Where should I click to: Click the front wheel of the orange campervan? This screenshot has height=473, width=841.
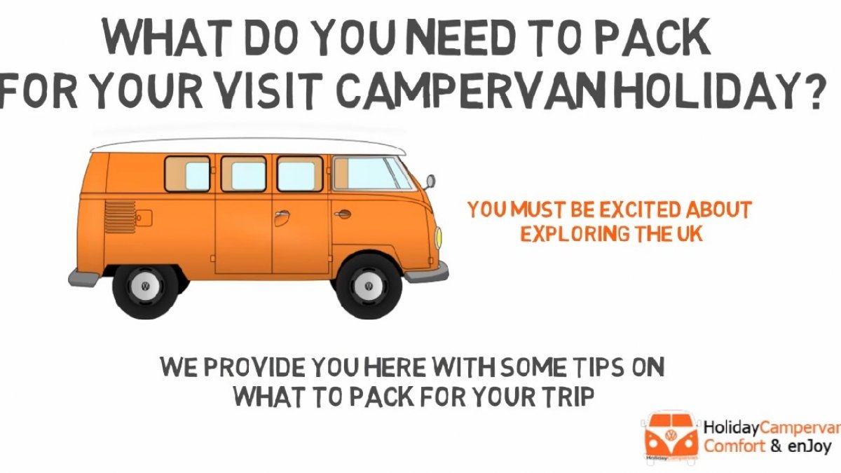pos(369,287)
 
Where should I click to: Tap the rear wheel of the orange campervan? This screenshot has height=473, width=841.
pos(145,287)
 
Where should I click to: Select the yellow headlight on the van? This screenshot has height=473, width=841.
pos(438,238)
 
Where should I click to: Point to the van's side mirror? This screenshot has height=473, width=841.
pos(430,182)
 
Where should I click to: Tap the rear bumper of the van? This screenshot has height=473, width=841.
pos(83,277)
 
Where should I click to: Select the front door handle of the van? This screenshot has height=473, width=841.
pos(343,214)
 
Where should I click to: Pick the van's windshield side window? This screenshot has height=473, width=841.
pos(371,174)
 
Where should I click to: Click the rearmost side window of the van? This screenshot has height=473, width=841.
pos(187,174)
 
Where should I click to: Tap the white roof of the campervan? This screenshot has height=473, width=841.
pos(248,146)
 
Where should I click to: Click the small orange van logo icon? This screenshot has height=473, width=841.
pos(671,438)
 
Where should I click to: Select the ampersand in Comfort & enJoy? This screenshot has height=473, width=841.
pos(776,446)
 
